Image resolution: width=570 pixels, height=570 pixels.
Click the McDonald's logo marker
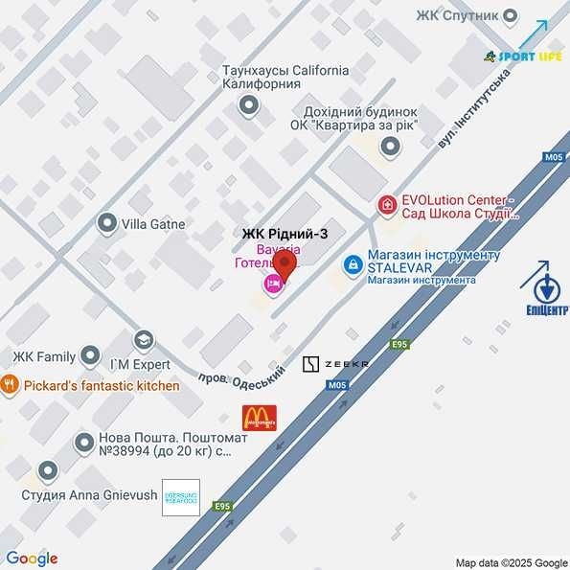point(259,417)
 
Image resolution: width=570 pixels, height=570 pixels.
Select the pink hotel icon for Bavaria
point(273,283)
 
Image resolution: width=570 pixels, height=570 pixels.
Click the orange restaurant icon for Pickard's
point(11,385)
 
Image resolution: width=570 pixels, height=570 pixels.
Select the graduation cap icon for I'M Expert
point(143,340)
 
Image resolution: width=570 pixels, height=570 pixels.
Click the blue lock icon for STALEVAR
point(353,262)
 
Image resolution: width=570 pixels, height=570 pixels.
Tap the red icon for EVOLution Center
point(387,204)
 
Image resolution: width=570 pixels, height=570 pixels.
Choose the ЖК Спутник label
point(458,15)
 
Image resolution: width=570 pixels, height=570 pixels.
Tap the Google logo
point(32,559)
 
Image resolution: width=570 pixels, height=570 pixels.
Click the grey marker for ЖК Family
point(91,356)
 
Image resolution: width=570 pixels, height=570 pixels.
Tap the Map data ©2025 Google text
point(512,562)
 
